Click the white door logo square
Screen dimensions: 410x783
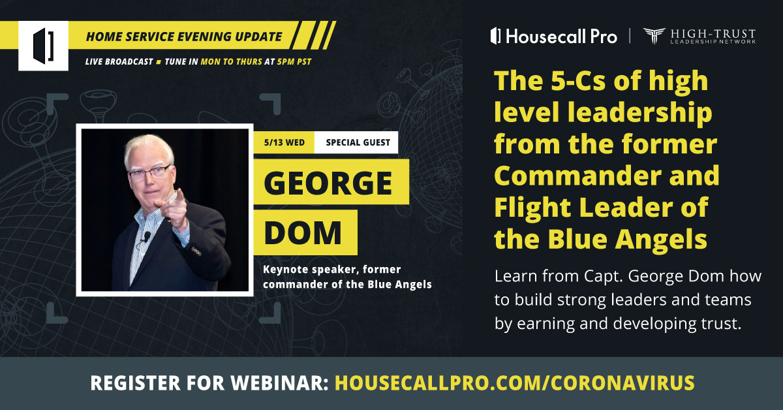point(43,46)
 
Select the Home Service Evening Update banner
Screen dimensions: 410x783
point(184,37)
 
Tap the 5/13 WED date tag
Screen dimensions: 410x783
point(284,142)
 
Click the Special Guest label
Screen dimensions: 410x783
point(357,142)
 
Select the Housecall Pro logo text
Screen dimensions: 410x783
point(554,37)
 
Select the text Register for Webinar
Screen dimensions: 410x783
point(209,383)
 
